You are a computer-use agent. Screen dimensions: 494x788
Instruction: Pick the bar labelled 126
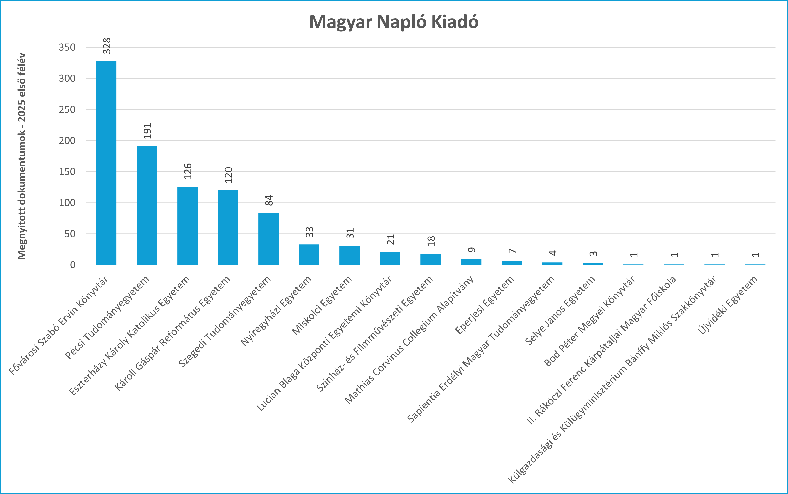click(188, 226)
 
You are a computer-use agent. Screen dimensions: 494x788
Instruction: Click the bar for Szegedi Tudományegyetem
click(269, 238)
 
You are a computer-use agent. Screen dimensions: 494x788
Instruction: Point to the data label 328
click(107, 46)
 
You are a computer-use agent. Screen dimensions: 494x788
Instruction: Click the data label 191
click(147, 131)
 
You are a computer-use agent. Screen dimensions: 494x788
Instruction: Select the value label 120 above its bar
click(228, 175)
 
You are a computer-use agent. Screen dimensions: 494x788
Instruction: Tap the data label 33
click(309, 232)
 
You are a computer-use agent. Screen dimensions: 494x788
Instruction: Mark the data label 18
click(431, 241)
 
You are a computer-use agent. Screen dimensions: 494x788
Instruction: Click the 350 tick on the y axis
click(67, 47)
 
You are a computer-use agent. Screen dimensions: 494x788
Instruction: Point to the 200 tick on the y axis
click(67, 140)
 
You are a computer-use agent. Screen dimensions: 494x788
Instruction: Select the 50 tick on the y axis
click(70, 234)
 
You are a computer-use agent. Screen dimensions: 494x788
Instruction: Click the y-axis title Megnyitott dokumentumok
click(21, 156)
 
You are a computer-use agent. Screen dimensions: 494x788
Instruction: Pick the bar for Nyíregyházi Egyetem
click(309, 255)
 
